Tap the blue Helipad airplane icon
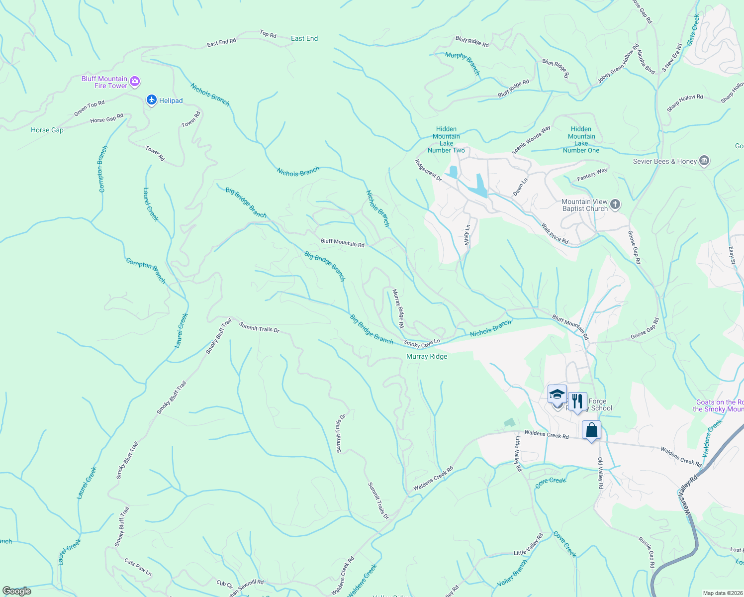tap(152, 100)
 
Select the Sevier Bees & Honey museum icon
tap(704, 161)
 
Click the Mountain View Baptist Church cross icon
tap(615, 204)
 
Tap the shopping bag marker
tap(591, 430)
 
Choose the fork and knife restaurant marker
tap(577, 401)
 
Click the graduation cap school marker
tap(557, 395)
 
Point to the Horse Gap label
tap(47, 130)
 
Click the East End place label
tap(304, 38)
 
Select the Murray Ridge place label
tap(427, 357)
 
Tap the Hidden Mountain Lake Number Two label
tap(446, 140)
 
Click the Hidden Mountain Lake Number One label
tap(581, 140)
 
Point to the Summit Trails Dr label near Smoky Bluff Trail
tap(259, 327)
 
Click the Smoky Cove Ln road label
tap(422, 343)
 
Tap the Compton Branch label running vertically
tap(102, 169)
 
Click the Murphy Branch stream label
tap(463, 63)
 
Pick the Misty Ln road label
tap(467, 234)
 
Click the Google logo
tap(17, 591)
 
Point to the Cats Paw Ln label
tap(138, 568)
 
